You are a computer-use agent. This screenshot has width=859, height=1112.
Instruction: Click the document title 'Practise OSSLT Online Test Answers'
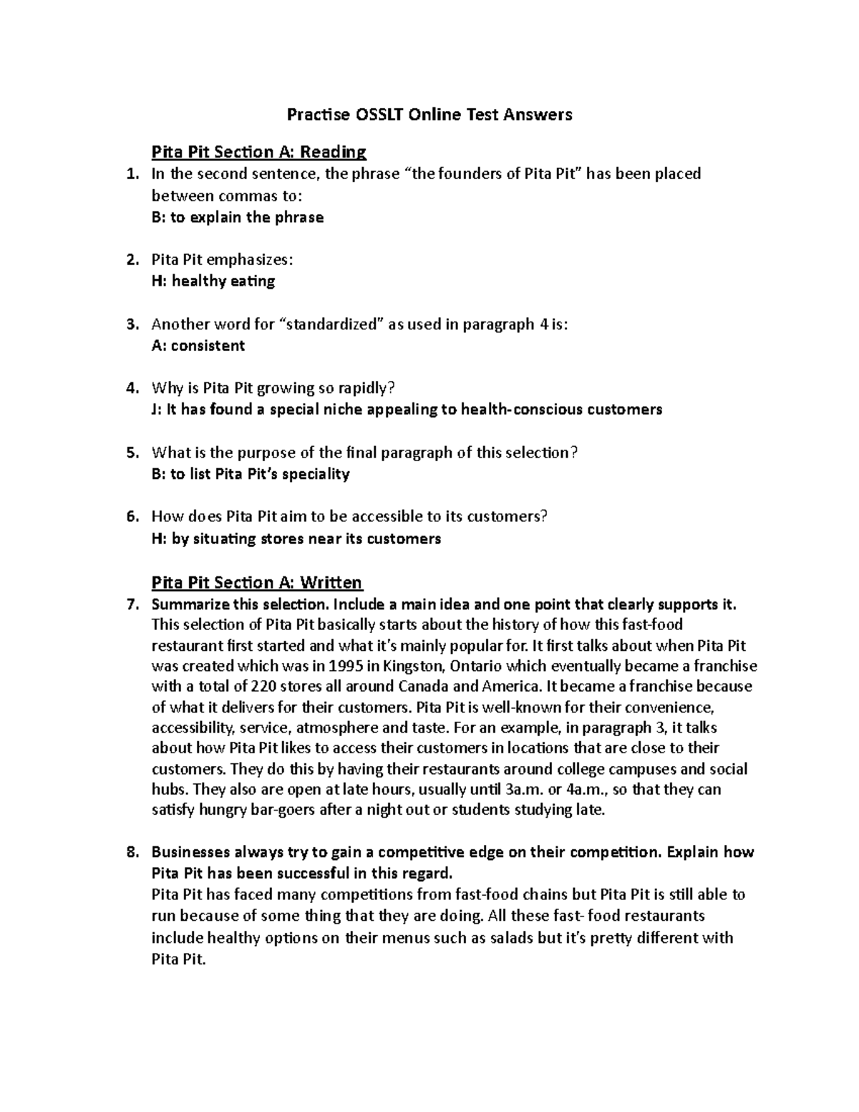(429, 115)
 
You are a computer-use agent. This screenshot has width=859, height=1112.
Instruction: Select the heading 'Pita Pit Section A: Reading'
(258, 152)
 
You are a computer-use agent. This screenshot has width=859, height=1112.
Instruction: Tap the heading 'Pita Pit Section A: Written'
(256, 582)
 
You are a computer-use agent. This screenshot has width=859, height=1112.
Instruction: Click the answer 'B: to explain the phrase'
(238, 217)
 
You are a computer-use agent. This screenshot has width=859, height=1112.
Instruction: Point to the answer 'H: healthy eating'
(213, 281)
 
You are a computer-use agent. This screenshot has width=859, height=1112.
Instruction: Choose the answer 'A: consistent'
(198, 345)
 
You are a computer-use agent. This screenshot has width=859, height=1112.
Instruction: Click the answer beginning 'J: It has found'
(407, 410)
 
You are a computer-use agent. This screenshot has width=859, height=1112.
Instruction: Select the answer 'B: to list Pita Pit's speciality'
(251, 474)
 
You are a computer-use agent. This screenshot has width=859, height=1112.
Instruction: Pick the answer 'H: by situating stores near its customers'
(296, 538)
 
